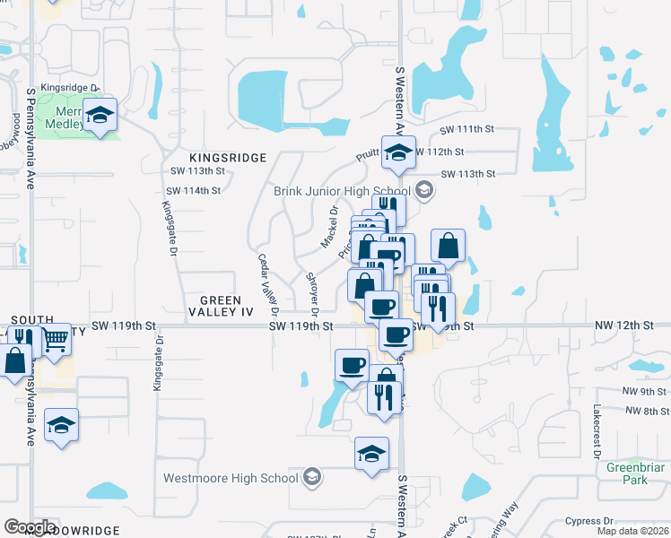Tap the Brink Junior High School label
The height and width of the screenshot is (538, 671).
pyautogui.click(x=342, y=190)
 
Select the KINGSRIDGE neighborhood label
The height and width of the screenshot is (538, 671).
pyautogui.click(x=228, y=158)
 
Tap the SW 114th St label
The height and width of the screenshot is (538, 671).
pyautogui.click(x=193, y=191)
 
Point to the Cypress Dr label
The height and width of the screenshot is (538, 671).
pyautogui.click(x=589, y=520)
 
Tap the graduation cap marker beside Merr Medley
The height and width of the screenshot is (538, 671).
pyautogui.click(x=101, y=116)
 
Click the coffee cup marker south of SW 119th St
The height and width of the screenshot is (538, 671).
pyautogui.click(x=352, y=364)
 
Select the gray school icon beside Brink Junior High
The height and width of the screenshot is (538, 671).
pyautogui.click(x=423, y=190)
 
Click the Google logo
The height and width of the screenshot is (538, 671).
pyautogui.click(x=29, y=526)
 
